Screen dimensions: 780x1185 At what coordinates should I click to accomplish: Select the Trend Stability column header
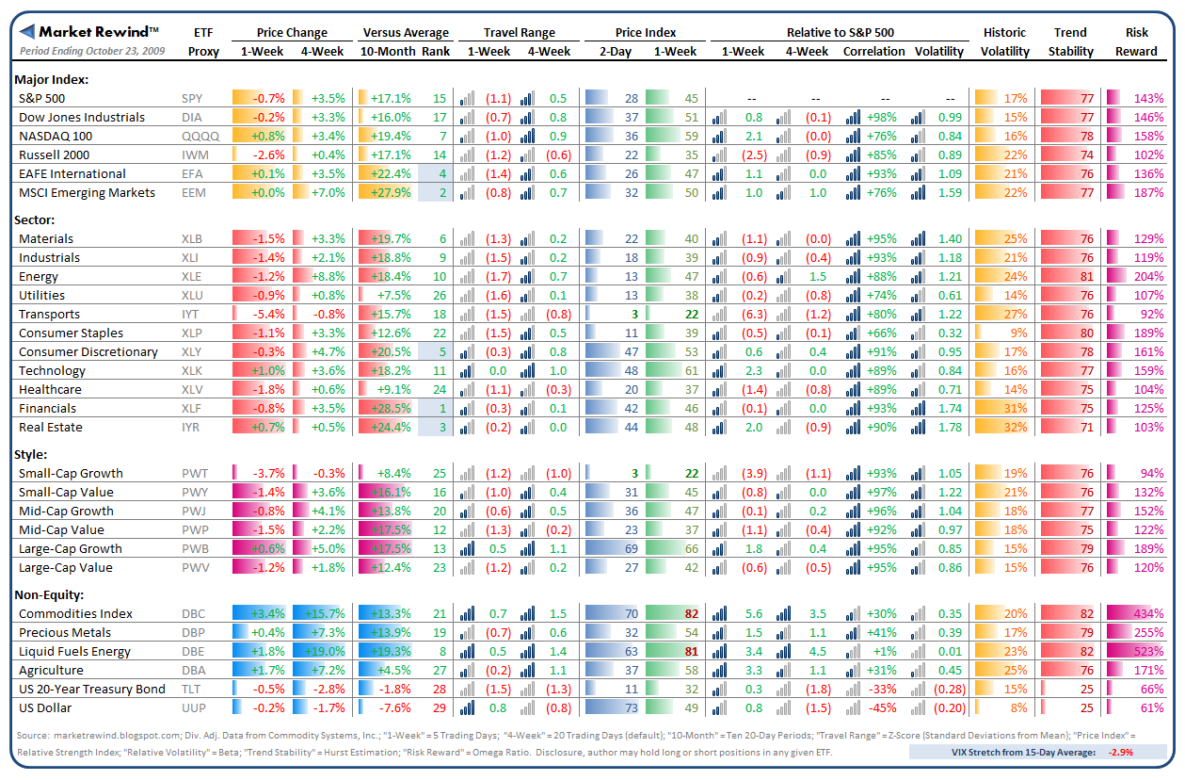tap(1070, 41)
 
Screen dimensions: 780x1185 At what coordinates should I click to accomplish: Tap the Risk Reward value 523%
tap(1148, 652)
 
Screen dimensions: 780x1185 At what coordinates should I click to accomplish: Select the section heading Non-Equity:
tap(50, 594)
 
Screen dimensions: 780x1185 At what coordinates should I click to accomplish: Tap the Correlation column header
tap(874, 52)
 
